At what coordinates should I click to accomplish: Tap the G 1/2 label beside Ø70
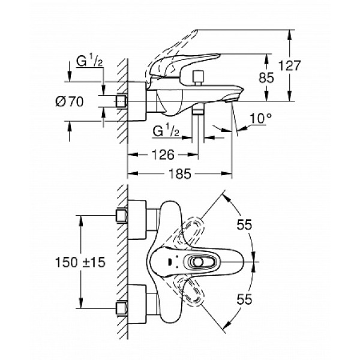point(89,61)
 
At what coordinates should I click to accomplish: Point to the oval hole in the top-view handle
point(197,262)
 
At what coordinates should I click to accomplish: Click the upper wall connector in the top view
point(122,215)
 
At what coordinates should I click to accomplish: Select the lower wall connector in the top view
point(122,308)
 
